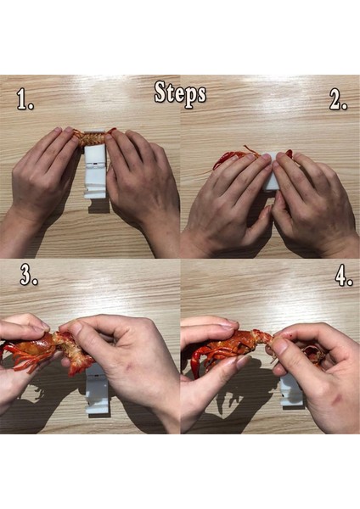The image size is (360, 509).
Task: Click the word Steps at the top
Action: pos(180,94)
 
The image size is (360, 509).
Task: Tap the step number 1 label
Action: pos(25,99)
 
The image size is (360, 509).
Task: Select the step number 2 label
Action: pos(338,99)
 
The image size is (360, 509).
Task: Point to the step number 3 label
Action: pos(29,277)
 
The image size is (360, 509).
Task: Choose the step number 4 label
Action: pos(344,277)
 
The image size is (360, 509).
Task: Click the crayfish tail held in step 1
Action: pos(93,137)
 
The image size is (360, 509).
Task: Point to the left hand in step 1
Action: pos(39,182)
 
